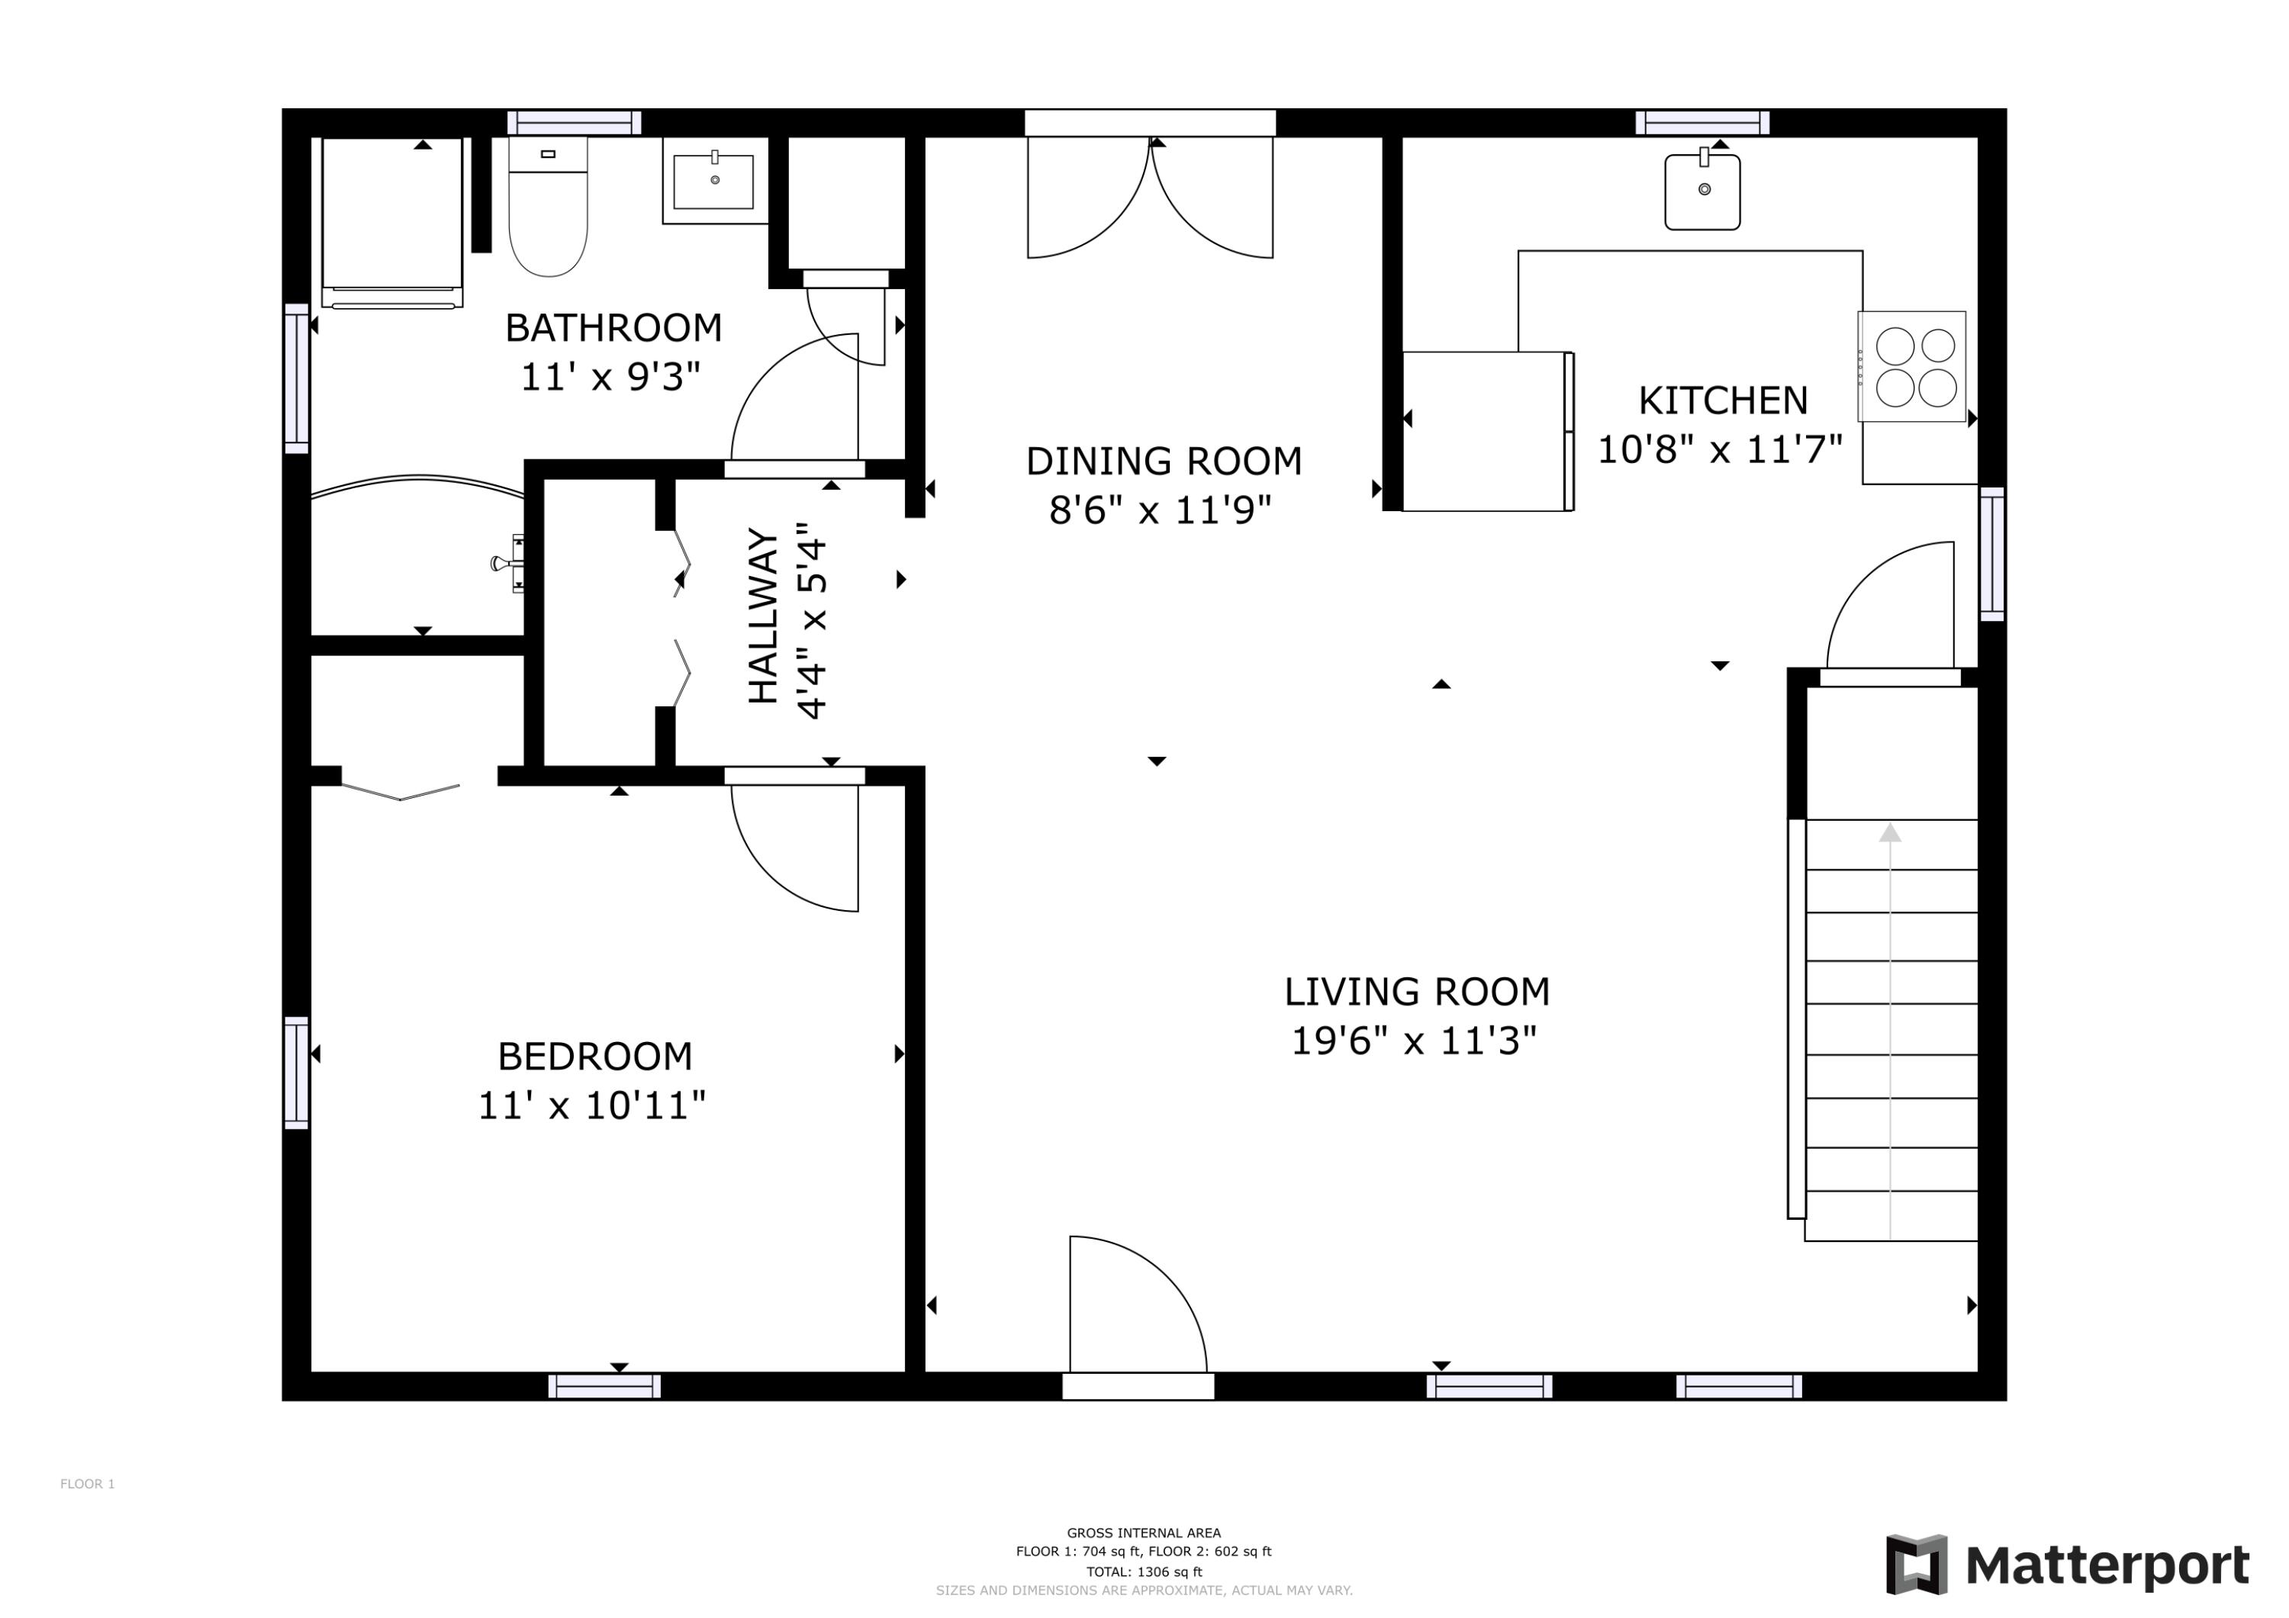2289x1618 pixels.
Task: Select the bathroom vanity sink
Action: [x=714, y=182]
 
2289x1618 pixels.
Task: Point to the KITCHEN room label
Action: [x=1722, y=400]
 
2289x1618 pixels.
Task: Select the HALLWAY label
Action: [x=764, y=617]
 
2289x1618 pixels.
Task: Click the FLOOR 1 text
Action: [x=88, y=1485]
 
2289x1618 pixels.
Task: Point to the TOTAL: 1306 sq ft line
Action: [x=1144, y=1572]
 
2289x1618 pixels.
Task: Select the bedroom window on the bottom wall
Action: [x=604, y=1387]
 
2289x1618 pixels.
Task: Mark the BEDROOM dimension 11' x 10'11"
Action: [x=591, y=1105]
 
